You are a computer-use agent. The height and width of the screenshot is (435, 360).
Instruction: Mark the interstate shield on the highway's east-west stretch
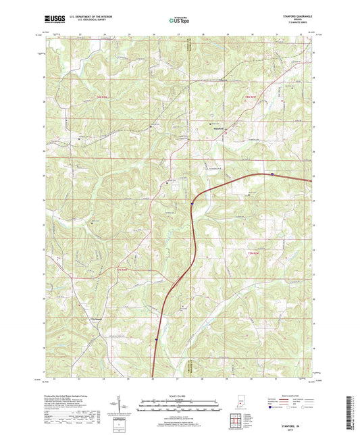(272, 174)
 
